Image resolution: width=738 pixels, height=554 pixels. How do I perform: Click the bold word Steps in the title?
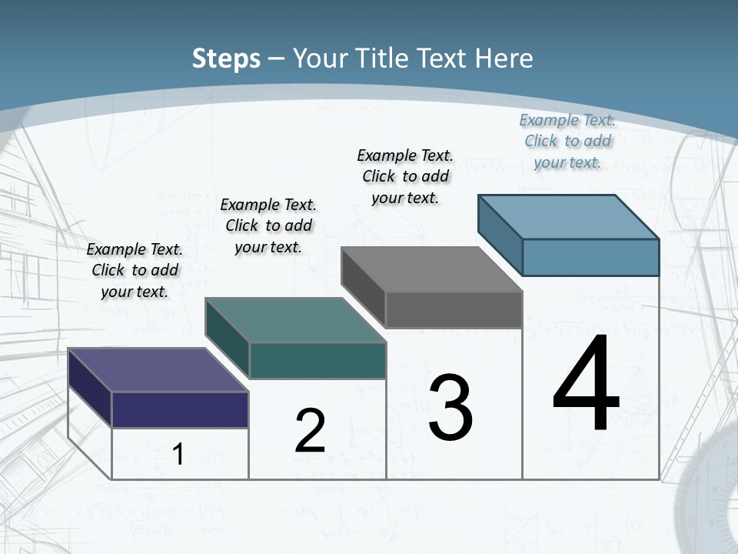coord(226,58)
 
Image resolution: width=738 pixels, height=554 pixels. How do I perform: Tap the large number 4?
coord(586,384)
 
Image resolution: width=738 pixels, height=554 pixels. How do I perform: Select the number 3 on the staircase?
coord(450,408)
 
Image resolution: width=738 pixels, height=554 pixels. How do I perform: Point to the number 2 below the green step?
coord(310,431)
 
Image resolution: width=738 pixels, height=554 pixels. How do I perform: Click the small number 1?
coord(178,454)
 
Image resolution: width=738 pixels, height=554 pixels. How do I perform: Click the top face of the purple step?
coord(158,370)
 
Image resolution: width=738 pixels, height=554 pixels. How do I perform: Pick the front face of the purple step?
coord(180,409)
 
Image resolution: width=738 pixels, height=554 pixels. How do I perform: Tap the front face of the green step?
coord(317,360)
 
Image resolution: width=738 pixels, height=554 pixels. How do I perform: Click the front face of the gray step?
coord(454,309)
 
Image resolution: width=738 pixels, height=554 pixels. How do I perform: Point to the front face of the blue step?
coord(590,257)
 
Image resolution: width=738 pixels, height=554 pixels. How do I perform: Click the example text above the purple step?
coord(135,270)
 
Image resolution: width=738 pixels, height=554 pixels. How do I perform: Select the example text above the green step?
coord(268,225)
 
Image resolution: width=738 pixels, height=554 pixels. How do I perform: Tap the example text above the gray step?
coord(405,176)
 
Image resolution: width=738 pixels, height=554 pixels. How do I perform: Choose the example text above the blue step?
coord(567,141)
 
